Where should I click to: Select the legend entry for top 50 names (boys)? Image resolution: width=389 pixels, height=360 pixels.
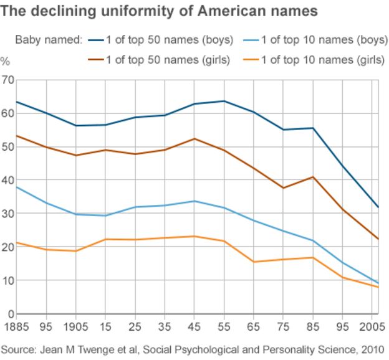pos(161,40)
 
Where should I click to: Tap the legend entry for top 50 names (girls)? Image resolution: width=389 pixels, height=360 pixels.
pos(161,60)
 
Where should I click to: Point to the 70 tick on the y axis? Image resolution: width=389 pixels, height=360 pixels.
pos(7,80)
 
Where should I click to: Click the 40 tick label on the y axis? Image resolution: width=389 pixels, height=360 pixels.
pos(7,180)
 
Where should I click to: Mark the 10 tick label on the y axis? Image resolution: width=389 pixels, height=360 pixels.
pos(7,280)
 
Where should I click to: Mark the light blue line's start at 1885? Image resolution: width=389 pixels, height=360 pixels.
pos(16,186)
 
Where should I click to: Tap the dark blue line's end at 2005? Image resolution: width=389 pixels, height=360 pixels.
pos(377,207)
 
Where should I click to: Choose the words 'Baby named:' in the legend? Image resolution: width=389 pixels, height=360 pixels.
pos(49,40)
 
